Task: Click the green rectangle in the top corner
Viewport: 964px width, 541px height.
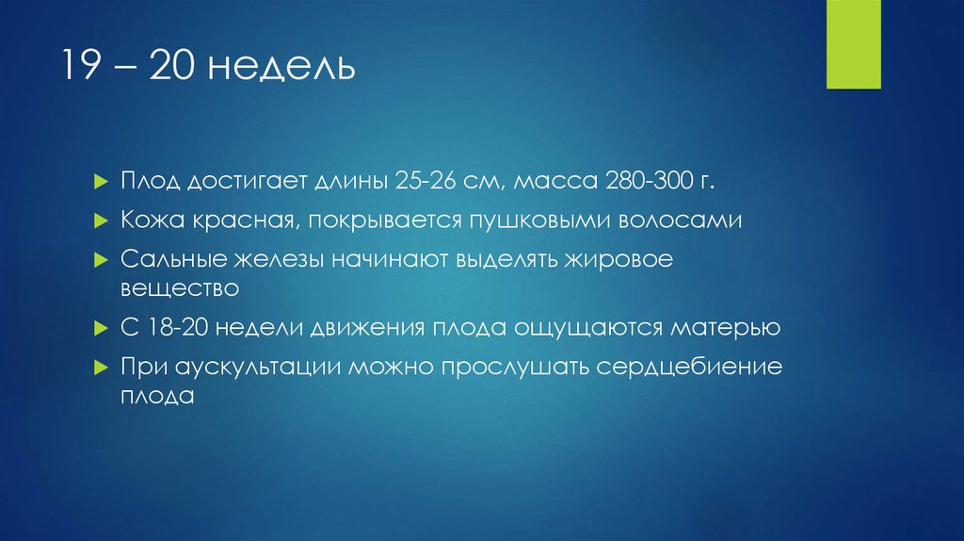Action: (853, 44)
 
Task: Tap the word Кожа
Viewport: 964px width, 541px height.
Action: (145, 221)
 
